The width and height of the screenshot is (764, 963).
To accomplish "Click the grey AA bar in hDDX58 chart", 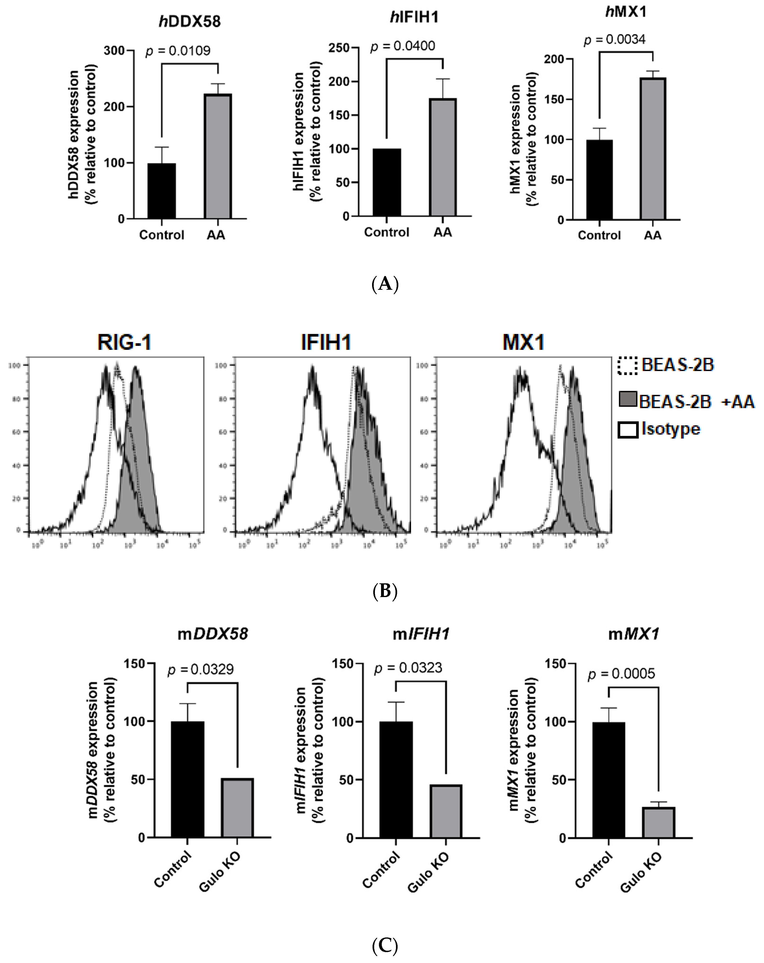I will (217, 156).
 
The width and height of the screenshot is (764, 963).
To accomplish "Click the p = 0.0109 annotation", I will (178, 51).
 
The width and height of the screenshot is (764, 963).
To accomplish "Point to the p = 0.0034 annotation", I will (615, 40).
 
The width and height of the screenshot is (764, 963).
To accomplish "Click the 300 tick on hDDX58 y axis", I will (114, 50).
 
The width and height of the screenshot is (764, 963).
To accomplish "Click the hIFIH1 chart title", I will (414, 17).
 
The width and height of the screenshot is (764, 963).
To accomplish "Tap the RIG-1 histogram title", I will (125, 343).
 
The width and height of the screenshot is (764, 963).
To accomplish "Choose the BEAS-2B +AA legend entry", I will (687, 401).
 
